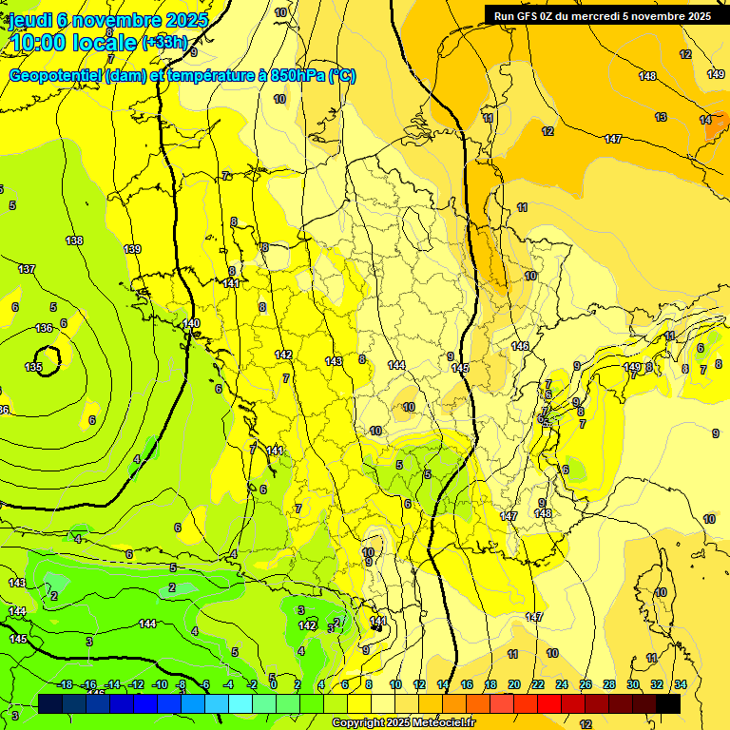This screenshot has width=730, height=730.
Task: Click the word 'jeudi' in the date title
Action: (31, 20)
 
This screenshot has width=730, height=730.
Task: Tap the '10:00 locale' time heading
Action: (72, 42)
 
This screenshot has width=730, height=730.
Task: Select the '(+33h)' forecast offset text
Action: (164, 43)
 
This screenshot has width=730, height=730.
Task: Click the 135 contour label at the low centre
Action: (33, 367)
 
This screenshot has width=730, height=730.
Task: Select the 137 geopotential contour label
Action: (27, 269)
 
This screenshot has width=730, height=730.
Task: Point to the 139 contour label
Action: (132, 249)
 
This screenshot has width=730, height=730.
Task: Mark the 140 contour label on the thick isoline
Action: (191, 324)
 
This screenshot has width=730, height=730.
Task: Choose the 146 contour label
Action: (520, 346)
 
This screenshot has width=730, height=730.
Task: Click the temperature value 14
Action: (705, 120)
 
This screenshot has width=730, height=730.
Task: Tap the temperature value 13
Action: (661, 117)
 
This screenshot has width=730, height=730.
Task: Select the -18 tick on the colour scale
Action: (66, 684)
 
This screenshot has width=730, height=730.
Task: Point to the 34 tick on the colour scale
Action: (680, 684)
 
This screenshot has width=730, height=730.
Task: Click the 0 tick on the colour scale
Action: (274, 684)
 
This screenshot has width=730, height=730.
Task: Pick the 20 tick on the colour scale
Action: (514, 684)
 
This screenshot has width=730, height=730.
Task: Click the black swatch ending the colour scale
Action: (668, 703)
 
